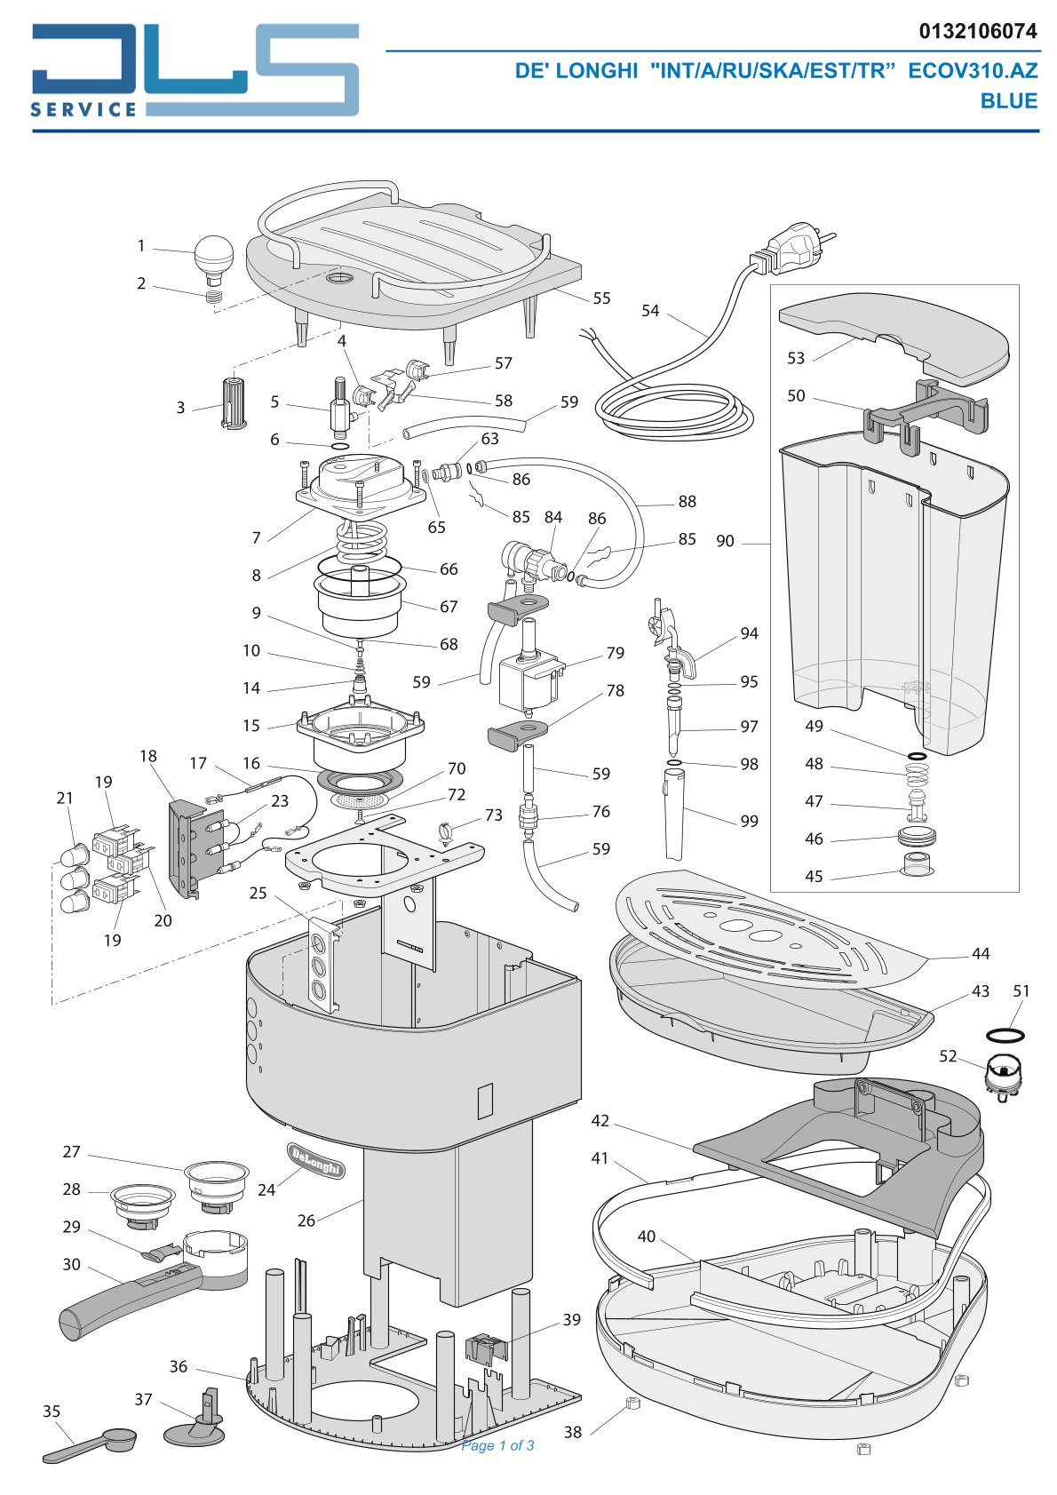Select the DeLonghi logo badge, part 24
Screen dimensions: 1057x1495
[316, 1160]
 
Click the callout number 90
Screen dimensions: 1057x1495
[725, 541]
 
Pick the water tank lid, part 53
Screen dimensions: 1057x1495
[894, 339]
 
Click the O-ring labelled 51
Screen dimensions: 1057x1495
[1005, 1035]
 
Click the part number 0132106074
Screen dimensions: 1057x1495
[978, 31]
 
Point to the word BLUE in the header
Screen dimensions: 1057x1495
[1008, 100]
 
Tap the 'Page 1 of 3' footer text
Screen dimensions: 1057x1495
[497, 1445]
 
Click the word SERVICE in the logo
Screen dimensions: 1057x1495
[83, 109]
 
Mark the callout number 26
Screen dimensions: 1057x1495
[306, 1220]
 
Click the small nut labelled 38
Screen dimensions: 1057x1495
[632, 1403]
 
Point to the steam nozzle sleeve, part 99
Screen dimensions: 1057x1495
[674, 814]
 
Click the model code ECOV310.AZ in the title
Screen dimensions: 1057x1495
[973, 71]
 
